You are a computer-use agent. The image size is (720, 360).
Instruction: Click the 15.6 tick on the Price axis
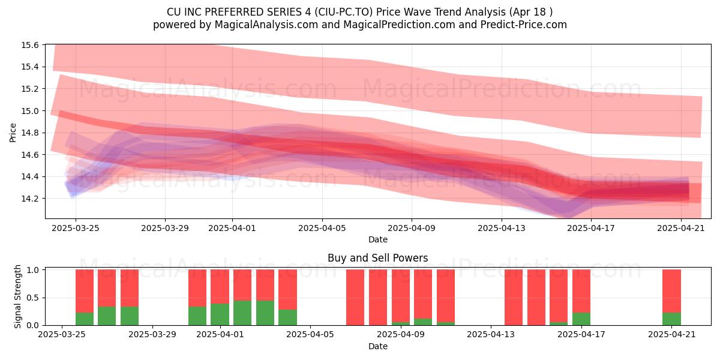[29, 45]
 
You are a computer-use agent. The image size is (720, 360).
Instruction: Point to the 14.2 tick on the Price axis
[29, 199]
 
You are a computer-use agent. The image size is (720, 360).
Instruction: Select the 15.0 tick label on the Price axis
[29, 111]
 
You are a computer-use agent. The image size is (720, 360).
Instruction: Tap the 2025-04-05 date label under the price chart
[322, 228]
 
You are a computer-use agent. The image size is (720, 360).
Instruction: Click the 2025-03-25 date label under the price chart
[76, 228]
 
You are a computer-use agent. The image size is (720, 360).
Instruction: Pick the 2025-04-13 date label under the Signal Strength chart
[491, 335]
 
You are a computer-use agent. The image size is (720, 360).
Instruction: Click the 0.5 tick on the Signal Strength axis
[32, 298]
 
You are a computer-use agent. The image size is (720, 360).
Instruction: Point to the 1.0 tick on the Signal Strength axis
[32, 269]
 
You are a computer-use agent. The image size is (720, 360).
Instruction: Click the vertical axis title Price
[13, 133]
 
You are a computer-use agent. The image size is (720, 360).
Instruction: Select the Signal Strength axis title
[17, 296]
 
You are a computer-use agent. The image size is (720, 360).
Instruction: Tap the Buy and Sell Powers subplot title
[377, 258]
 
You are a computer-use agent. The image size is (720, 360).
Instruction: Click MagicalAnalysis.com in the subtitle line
[266, 25]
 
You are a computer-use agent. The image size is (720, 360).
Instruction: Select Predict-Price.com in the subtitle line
[524, 25]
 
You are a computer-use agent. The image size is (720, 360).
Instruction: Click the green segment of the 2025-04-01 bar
[220, 314]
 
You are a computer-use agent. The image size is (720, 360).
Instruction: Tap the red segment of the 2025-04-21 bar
[671, 291]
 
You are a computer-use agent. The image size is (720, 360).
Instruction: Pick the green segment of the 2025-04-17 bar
[581, 319]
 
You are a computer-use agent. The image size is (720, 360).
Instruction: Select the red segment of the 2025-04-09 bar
[401, 296]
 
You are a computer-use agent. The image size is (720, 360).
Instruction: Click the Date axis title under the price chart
[377, 239]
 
